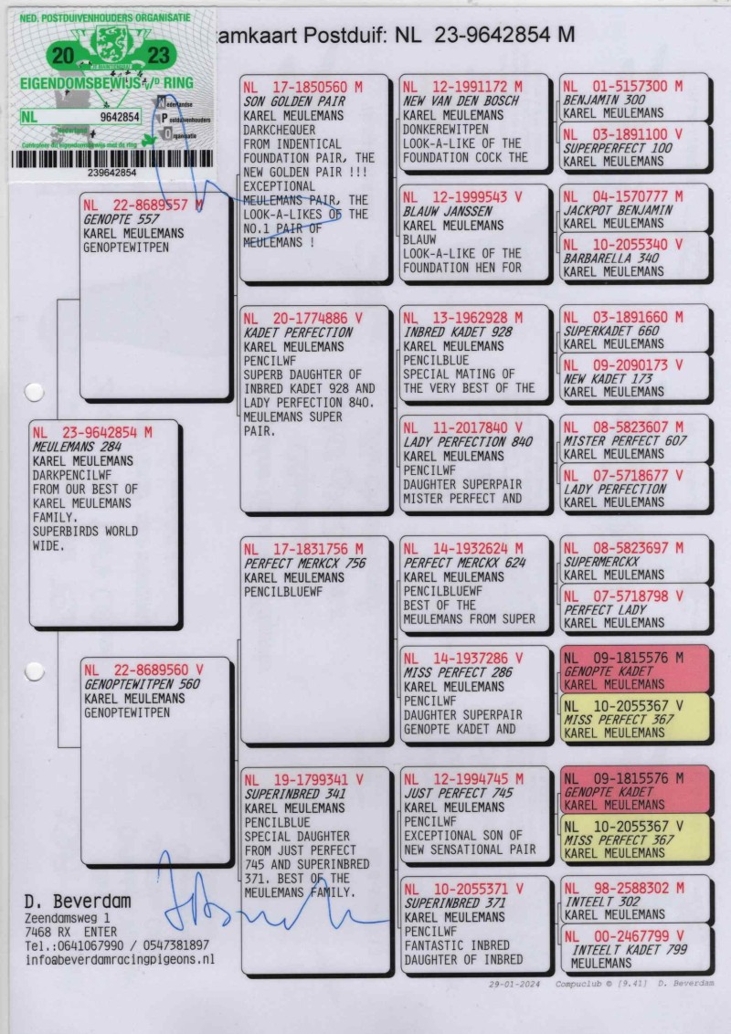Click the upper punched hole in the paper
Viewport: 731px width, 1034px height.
(34, 394)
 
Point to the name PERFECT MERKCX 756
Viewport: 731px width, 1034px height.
(304, 564)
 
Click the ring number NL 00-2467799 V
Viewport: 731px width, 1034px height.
(623, 936)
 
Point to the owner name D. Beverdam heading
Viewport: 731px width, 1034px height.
(77, 901)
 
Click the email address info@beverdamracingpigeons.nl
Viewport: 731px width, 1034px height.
(121, 960)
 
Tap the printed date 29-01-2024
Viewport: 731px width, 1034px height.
(515, 983)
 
